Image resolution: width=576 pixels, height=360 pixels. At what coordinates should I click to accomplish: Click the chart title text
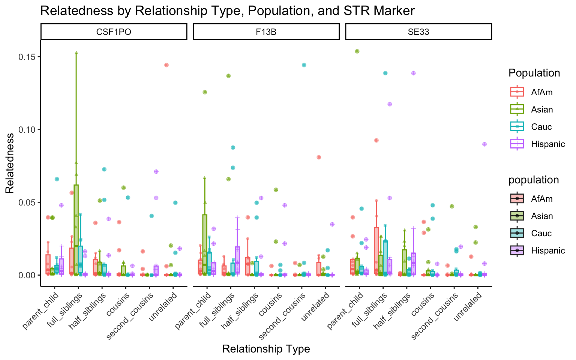(x=227, y=10)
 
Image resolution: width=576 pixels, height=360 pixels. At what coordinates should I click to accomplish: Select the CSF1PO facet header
(x=114, y=32)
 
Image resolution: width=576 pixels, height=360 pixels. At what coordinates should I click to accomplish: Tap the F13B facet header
(x=266, y=32)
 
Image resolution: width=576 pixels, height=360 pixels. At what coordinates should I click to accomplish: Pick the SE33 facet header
(x=418, y=32)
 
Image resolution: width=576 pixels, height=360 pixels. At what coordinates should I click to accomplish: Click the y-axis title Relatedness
(x=10, y=163)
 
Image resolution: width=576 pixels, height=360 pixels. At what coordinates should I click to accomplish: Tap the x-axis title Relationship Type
(x=266, y=349)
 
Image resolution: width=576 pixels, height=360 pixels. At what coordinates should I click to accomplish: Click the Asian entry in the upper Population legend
(x=542, y=109)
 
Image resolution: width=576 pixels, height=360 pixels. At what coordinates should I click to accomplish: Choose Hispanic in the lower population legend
(x=548, y=250)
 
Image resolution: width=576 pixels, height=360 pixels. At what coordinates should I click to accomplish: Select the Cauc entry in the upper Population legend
(x=541, y=127)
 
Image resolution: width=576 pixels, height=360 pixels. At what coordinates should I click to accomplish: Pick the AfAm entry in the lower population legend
(x=541, y=199)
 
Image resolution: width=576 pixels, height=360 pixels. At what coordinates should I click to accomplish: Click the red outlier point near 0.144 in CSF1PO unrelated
(x=166, y=65)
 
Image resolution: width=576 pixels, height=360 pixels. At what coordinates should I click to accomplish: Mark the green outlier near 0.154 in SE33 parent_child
(x=357, y=51)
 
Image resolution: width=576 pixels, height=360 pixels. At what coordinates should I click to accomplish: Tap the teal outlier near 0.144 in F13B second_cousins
(x=304, y=65)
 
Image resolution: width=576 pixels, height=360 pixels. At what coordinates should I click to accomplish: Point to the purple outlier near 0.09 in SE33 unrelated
(x=484, y=144)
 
